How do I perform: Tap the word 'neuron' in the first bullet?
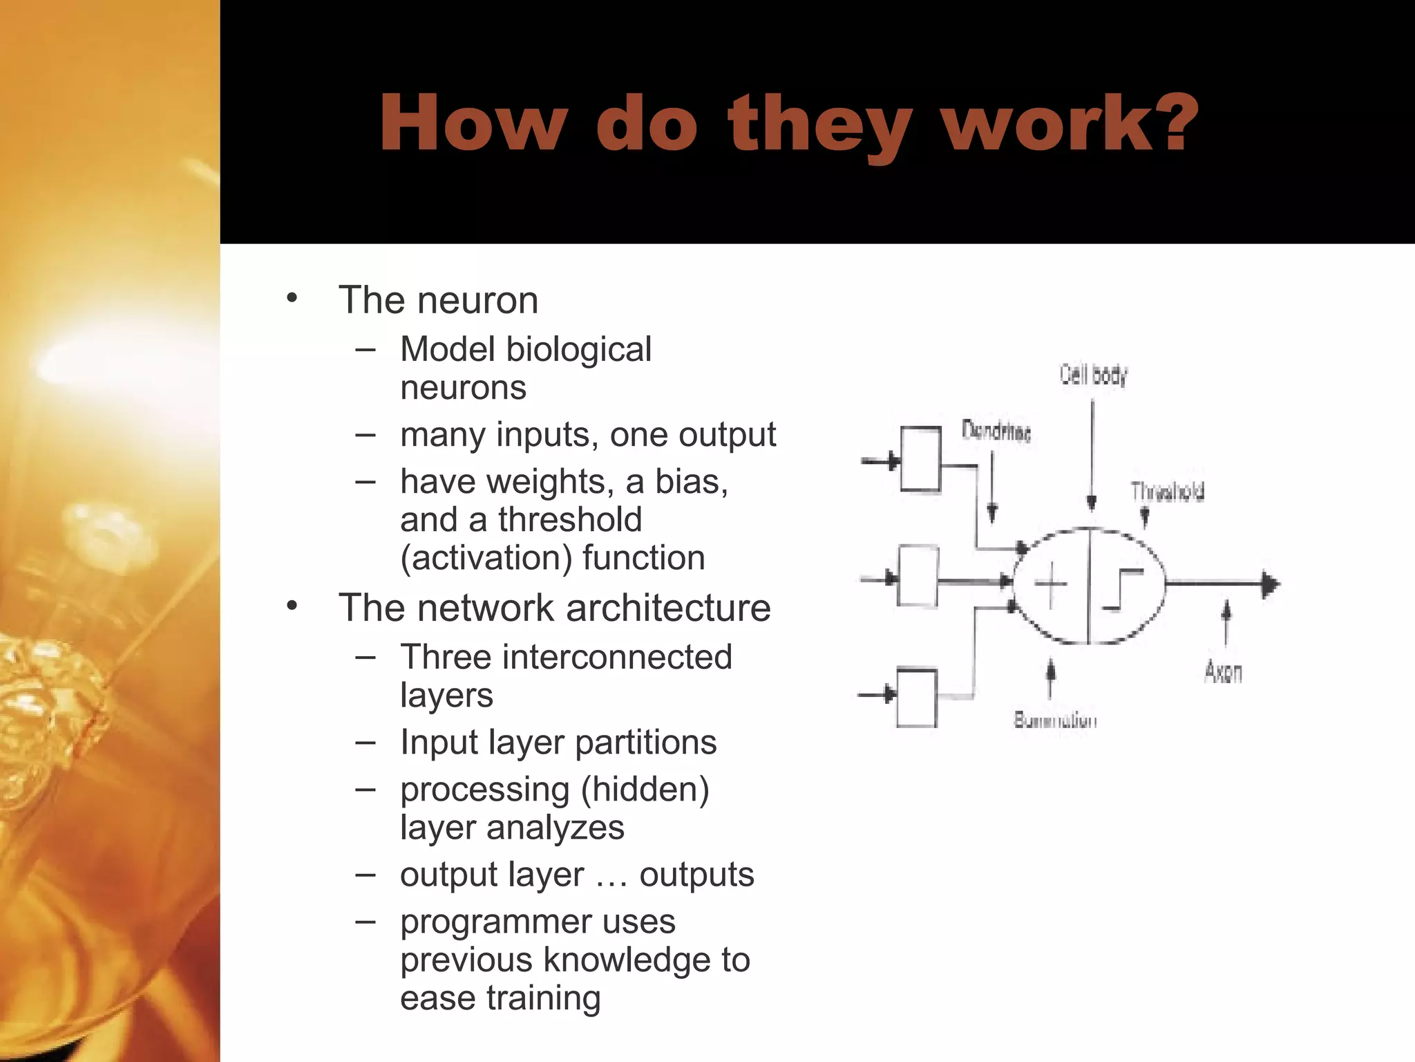pyautogui.click(x=477, y=300)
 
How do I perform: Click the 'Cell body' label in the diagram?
pyautogui.click(x=1093, y=375)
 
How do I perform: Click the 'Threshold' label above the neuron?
pyautogui.click(x=1167, y=492)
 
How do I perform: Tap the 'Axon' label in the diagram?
pyautogui.click(x=1223, y=671)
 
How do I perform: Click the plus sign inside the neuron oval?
pyautogui.click(x=1050, y=585)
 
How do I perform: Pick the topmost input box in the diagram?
pyautogui.click(x=920, y=459)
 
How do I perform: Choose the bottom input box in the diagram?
pyautogui.click(x=916, y=697)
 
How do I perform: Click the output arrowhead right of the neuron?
pyautogui.click(x=1270, y=584)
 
